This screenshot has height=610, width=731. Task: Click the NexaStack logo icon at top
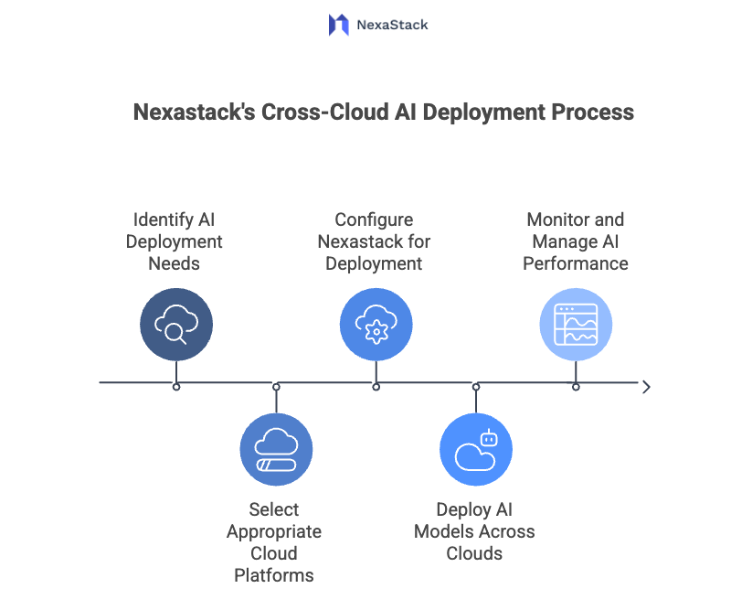[x=339, y=25]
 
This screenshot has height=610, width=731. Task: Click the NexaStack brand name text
[x=392, y=25]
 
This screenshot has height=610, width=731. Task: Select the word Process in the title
[x=593, y=112]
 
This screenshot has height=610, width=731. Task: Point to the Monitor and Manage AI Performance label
[x=576, y=241]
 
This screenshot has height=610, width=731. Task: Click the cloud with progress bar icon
[x=276, y=449]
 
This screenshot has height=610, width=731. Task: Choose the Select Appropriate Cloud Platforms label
[x=274, y=542]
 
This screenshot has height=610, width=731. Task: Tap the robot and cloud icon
[x=476, y=449]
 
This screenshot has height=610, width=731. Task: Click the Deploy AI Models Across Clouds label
[x=474, y=531]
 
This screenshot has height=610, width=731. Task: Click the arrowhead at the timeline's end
[x=646, y=387]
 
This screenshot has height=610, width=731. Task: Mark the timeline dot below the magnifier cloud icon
[x=176, y=387]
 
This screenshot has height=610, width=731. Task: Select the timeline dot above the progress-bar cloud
[x=276, y=387]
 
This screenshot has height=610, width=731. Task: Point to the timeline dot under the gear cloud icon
[x=376, y=387]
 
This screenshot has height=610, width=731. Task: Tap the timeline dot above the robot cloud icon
[x=476, y=387]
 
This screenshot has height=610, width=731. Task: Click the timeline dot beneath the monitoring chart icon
[x=576, y=387]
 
